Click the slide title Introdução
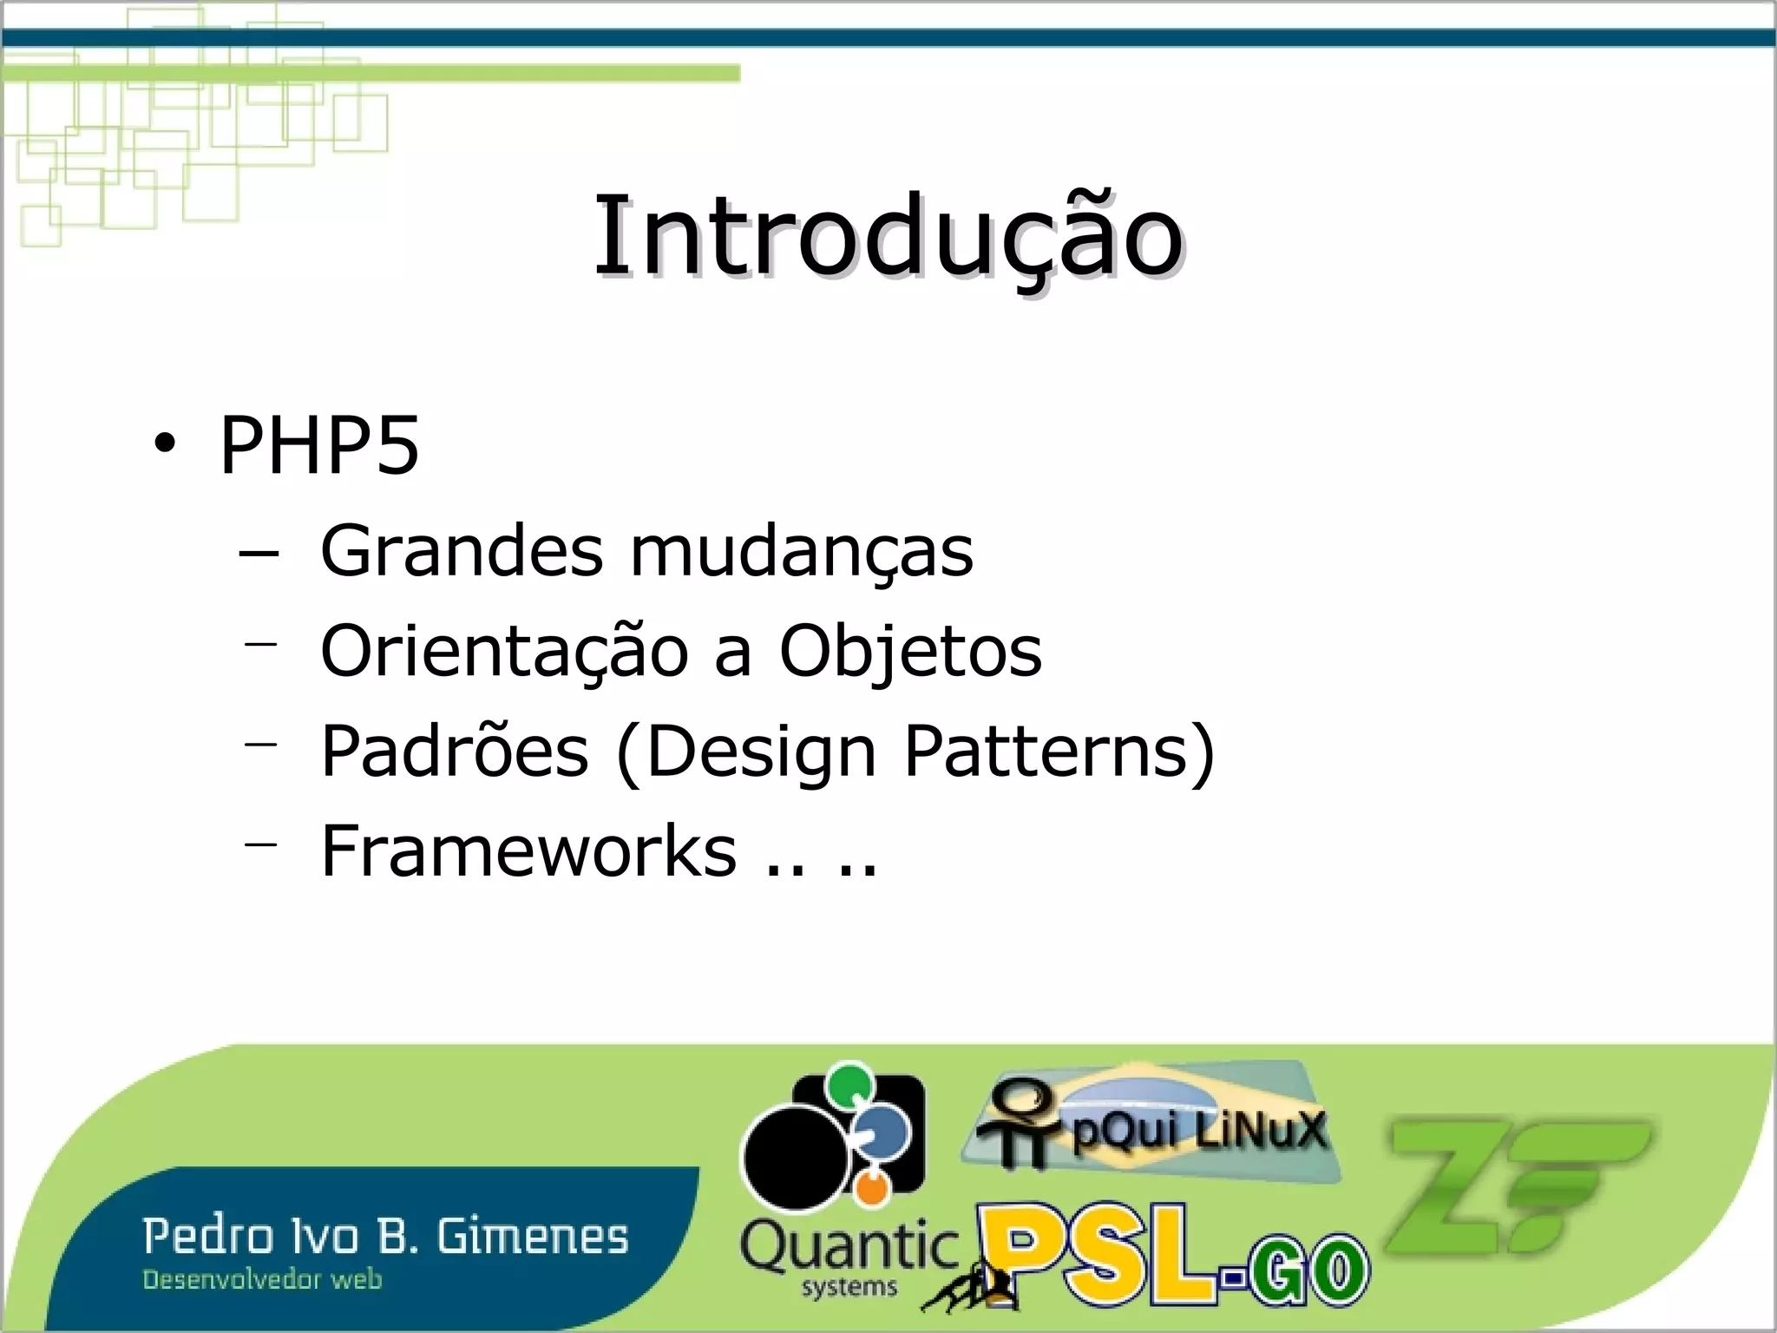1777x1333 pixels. tap(888, 236)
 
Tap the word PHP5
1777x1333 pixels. tap(319, 445)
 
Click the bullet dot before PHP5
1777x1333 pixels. tap(163, 445)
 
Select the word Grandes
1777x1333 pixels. tap(462, 551)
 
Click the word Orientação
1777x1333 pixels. tap(504, 651)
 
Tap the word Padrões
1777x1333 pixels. tap(455, 751)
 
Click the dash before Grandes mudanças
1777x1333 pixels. tap(259, 553)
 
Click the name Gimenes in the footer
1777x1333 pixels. tap(532, 1237)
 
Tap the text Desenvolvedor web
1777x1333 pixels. tap(262, 1280)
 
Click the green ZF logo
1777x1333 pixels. tap(1514, 1185)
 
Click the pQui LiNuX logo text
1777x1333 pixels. tap(1199, 1131)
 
